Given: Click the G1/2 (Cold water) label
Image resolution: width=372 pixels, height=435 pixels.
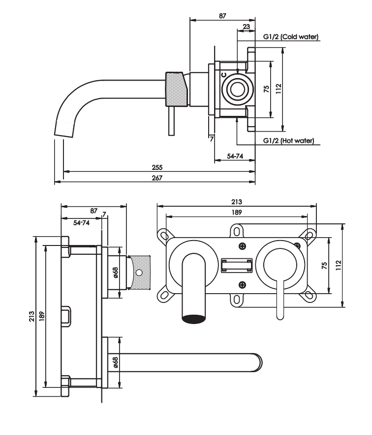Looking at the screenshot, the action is tap(291, 37).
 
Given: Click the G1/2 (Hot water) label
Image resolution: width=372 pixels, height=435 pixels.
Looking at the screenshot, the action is tap(288, 140).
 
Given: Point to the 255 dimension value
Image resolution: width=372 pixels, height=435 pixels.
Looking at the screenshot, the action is tap(157, 167).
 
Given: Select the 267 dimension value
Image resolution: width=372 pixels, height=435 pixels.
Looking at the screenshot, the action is tap(157, 178).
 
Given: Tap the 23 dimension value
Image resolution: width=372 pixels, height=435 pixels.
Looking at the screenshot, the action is tap(247, 27).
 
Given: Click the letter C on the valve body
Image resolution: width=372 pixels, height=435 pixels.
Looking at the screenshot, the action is tap(224, 75).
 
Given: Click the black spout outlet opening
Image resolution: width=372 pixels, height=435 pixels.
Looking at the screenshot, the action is tap(194, 319).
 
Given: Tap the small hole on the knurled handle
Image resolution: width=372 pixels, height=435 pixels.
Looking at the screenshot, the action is tap(138, 272).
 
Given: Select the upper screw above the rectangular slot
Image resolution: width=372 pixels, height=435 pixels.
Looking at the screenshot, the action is tap(243, 246).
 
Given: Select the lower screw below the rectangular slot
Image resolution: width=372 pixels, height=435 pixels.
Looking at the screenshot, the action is tap(243, 285).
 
